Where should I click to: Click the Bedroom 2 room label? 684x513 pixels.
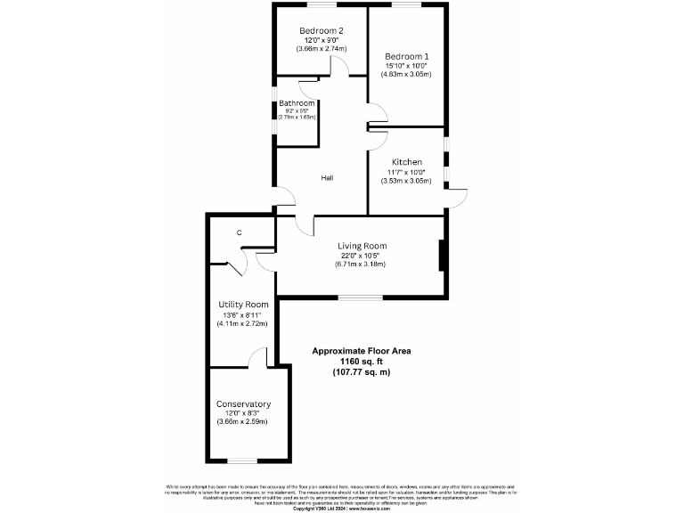(x=322, y=30)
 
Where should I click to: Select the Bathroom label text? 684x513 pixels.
(x=297, y=104)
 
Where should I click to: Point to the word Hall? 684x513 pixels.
(x=327, y=178)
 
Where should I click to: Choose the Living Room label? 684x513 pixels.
(x=362, y=246)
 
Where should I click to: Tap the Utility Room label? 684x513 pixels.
(x=243, y=305)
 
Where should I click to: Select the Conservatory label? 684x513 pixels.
(x=243, y=403)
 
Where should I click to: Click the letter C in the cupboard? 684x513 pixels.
(x=239, y=233)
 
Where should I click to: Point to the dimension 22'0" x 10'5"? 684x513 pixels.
(x=362, y=256)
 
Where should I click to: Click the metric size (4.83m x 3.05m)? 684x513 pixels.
(x=408, y=75)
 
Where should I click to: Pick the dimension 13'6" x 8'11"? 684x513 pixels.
(x=243, y=314)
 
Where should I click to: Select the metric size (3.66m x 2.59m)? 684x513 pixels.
(x=243, y=422)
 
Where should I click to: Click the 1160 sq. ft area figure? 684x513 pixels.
(x=361, y=362)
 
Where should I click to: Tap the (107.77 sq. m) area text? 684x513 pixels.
(x=361, y=372)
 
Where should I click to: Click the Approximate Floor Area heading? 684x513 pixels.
(x=361, y=351)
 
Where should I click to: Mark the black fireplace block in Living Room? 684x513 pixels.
(x=443, y=255)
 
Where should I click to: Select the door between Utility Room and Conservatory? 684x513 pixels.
(x=258, y=358)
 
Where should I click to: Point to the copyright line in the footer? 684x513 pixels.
(x=341, y=508)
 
